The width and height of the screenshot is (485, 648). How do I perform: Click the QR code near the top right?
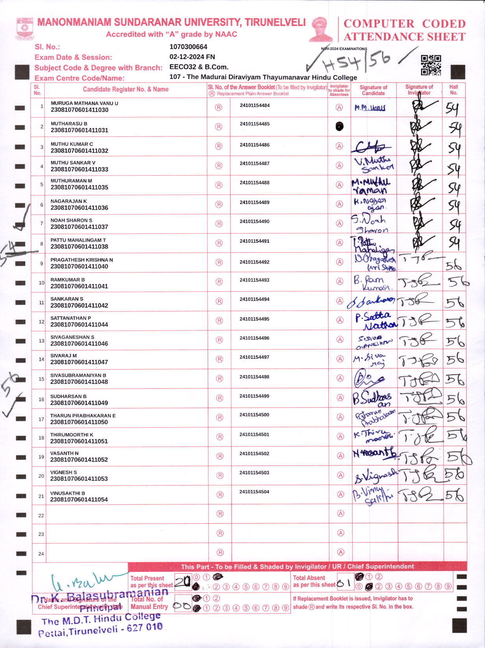(x=431, y=65)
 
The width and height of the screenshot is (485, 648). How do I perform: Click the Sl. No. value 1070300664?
(x=188, y=47)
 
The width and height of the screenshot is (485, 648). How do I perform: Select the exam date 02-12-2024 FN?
(x=192, y=57)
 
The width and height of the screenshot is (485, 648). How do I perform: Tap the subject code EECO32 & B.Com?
(x=199, y=67)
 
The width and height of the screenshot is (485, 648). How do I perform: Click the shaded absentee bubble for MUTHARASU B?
(x=339, y=126)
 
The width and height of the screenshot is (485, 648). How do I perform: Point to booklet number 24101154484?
(x=255, y=105)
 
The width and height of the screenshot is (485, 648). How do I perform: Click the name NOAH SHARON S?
(x=71, y=220)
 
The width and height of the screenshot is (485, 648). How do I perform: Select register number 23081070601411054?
(x=79, y=499)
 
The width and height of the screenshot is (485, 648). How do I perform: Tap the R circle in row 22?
(x=220, y=514)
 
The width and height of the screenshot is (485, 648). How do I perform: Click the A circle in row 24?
(x=341, y=552)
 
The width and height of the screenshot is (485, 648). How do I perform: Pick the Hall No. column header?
(x=454, y=90)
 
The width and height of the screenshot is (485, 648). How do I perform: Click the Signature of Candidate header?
(x=373, y=90)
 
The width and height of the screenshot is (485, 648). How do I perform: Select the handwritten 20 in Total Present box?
(x=183, y=582)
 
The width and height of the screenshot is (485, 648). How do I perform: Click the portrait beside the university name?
(x=321, y=29)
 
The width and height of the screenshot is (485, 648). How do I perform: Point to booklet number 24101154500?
(x=254, y=415)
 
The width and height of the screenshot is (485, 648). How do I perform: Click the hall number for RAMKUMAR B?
(x=457, y=282)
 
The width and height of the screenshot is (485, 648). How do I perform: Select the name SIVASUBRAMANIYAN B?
(x=78, y=375)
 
